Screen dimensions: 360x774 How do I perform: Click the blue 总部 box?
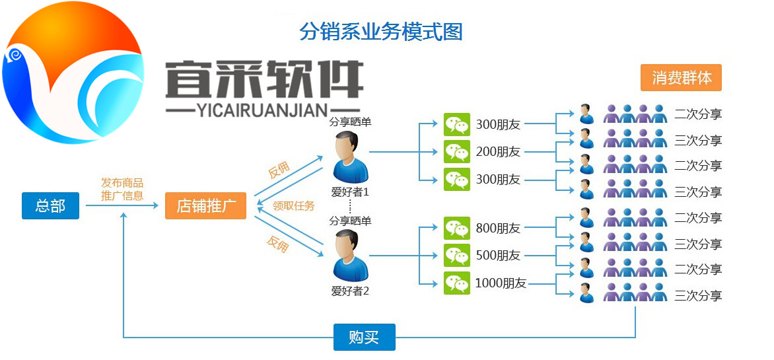tap(50, 205)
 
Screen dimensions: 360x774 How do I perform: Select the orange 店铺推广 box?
tap(205, 205)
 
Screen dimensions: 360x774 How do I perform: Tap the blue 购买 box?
tap(364, 337)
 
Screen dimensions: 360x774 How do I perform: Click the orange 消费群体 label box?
tap(682, 77)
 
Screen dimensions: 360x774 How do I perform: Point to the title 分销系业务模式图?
tap(381, 31)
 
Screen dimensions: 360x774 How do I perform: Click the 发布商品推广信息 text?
tap(122, 190)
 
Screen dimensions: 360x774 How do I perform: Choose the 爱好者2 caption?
tap(350, 290)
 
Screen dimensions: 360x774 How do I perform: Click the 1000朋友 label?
tap(501, 283)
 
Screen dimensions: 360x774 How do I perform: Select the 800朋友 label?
tap(498, 229)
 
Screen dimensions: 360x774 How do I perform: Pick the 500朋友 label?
tap(498, 256)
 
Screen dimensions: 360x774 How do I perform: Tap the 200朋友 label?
tap(498, 152)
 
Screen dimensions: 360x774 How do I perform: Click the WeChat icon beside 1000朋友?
tap(457, 283)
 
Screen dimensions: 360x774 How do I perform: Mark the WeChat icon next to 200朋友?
tap(457, 152)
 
